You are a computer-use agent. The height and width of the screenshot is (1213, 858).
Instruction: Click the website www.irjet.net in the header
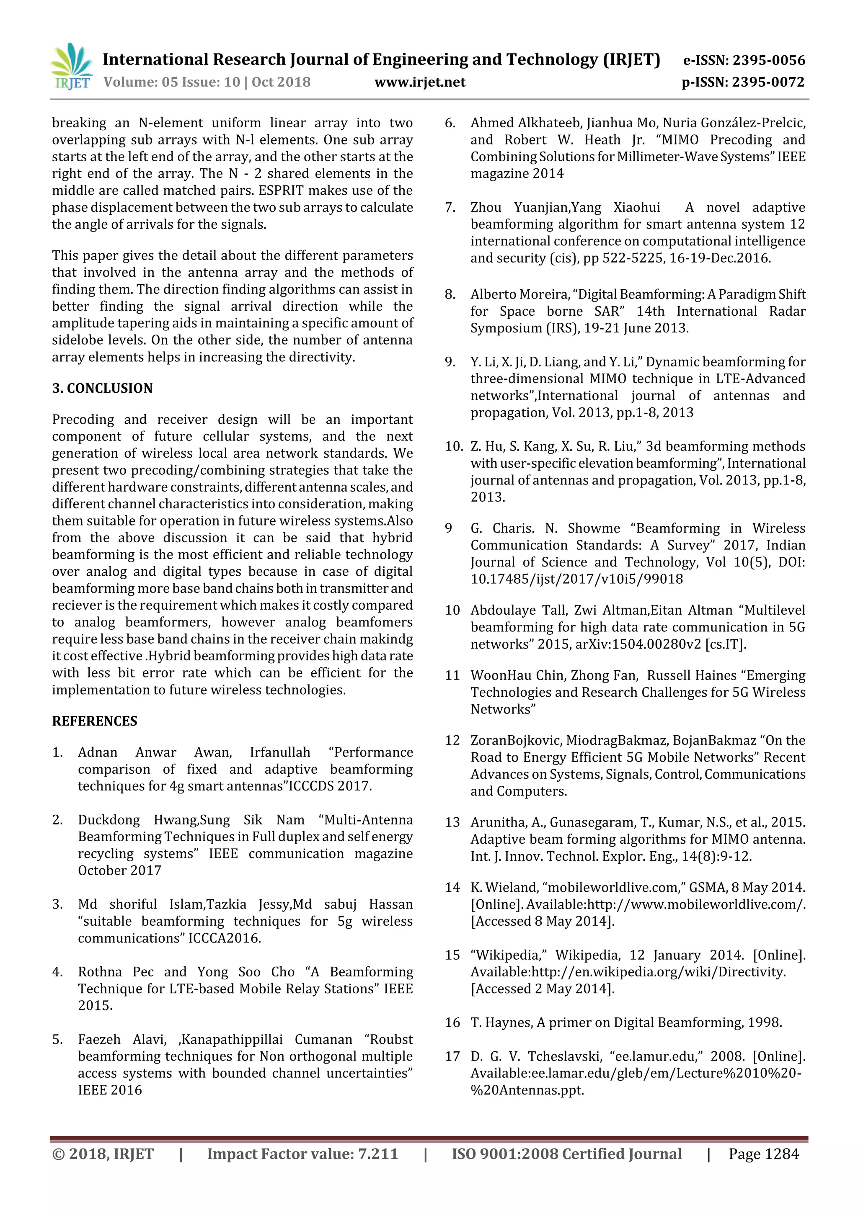coord(420,82)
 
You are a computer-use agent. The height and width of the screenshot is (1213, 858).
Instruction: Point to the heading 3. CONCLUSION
coord(102,388)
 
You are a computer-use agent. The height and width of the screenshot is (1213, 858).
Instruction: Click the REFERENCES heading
coord(95,721)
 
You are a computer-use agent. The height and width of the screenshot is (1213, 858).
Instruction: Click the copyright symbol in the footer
coord(58,1154)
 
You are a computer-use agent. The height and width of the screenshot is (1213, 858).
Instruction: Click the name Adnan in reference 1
coord(98,752)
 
